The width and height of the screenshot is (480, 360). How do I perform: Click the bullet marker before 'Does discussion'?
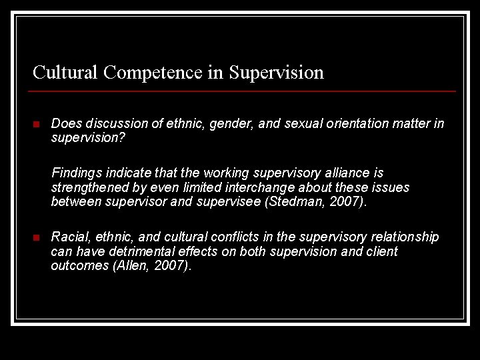click(37, 125)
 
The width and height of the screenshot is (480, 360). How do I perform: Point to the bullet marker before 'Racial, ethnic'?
click(37, 238)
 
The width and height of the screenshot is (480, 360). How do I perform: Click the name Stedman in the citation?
click(294, 201)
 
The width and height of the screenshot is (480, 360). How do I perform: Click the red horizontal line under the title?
click(244, 91)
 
